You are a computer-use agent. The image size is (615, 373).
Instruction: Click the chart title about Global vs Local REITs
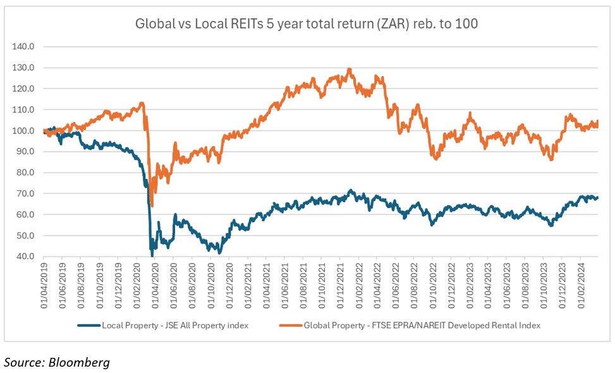(x=307, y=25)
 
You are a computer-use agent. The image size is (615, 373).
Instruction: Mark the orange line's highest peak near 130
(x=349, y=69)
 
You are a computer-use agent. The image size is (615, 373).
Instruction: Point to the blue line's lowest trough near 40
(x=152, y=255)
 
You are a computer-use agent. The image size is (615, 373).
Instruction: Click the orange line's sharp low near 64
(x=152, y=205)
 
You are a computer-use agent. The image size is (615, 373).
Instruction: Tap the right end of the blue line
(x=598, y=198)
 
